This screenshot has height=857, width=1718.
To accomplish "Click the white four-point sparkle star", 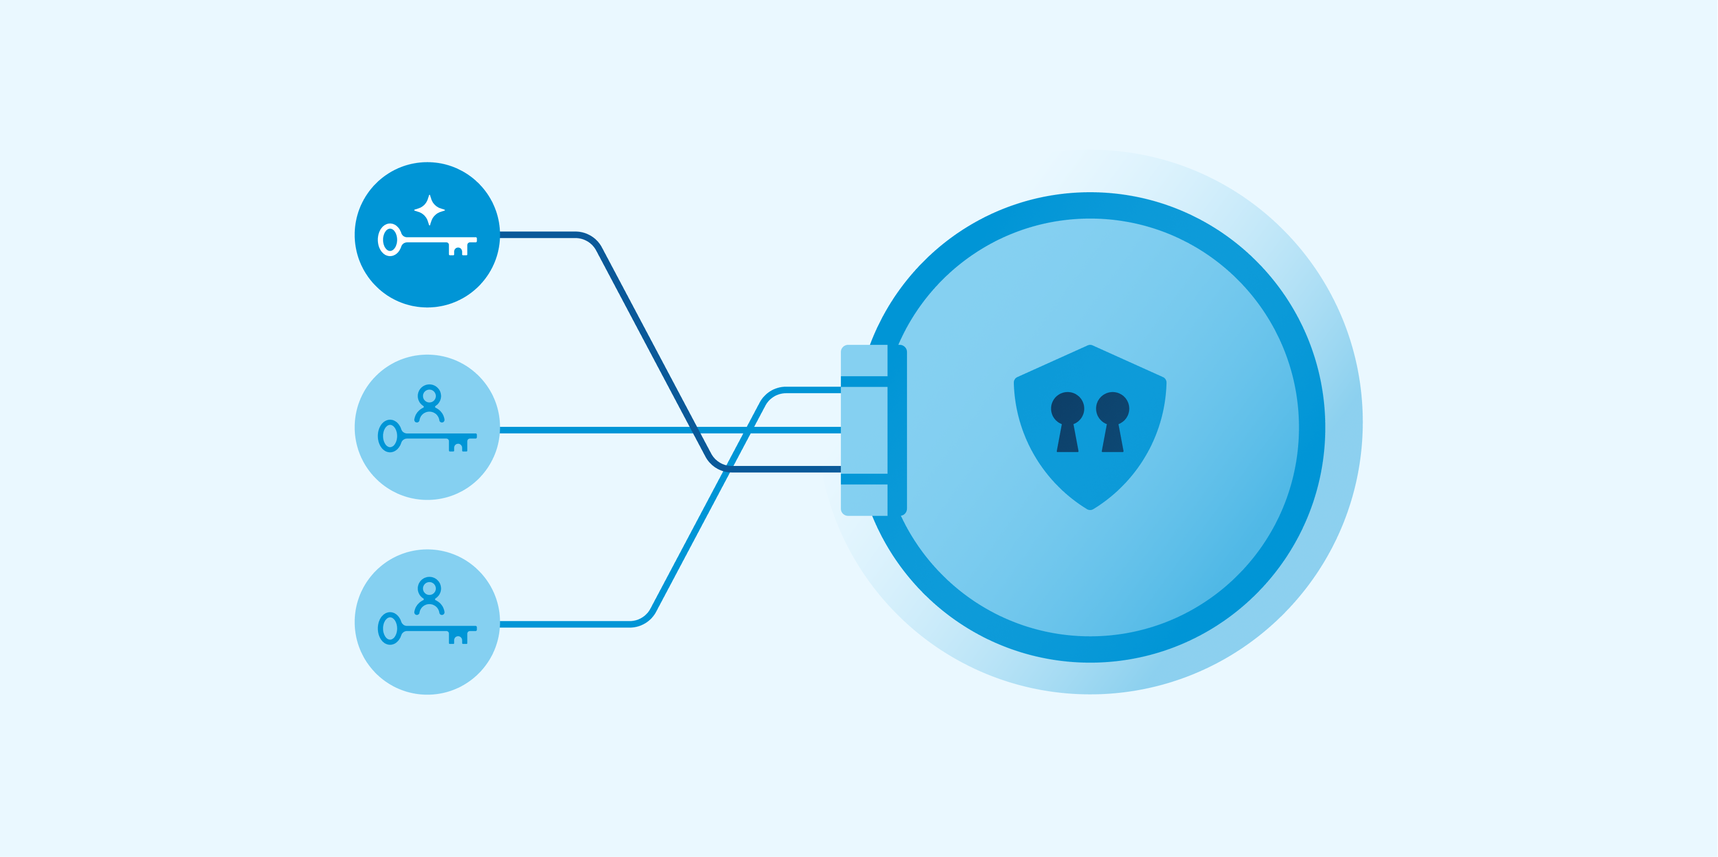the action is (x=430, y=210).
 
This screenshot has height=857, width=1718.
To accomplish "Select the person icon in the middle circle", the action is (x=430, y=404).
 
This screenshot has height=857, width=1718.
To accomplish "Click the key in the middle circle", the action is (x=427, y=437).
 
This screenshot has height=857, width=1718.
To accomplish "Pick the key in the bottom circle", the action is (x=427, y=628).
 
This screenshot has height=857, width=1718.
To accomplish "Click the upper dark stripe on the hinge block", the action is (x=863, y=381).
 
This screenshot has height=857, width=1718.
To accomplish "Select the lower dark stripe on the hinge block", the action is (x=863, y=479).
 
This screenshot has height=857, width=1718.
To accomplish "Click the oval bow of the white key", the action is (x=390, y=240).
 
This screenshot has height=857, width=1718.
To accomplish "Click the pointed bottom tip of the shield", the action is (x=1090, y=509).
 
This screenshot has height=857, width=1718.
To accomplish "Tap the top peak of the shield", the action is (x=1090, y=346).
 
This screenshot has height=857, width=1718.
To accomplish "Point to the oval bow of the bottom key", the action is (x=390, y=628).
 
